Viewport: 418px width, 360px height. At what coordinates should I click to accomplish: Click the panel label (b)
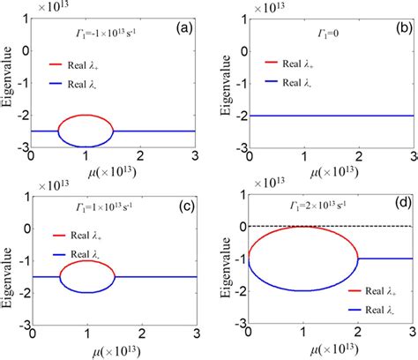click(x=398, y=29)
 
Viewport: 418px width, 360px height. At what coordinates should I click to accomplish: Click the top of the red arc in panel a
click(x=86, y=116)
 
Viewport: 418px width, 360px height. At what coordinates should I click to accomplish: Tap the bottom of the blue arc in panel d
click(x=302, y=315)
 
